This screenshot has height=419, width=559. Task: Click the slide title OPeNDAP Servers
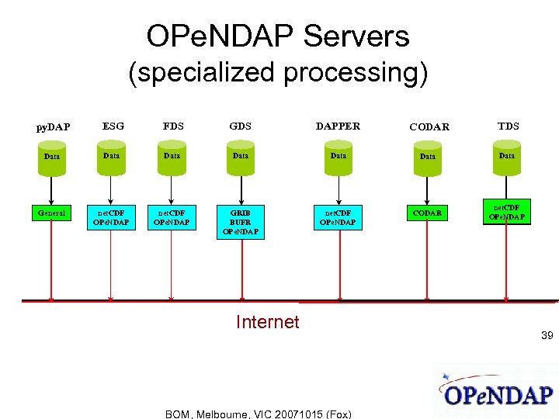coord(278,36)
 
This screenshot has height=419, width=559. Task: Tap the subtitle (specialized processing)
coord(278,72)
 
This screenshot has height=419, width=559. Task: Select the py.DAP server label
coord(54,126)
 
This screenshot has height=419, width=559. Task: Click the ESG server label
coord(113,126)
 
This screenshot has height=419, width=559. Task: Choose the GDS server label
coord(241,126)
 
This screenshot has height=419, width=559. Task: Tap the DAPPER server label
coord(338,126)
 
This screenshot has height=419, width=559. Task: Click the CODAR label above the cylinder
coord(429,126)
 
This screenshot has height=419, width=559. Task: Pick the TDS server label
coord(509,126)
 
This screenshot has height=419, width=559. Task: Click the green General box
coord(52,212)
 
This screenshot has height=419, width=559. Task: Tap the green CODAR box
coord(428,213)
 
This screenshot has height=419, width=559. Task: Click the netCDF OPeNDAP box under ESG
coord(111,217)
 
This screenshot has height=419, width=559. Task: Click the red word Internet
coord(267,322)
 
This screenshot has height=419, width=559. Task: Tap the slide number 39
coord(547,335)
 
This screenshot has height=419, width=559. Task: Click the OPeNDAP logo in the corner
coord(497,392)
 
